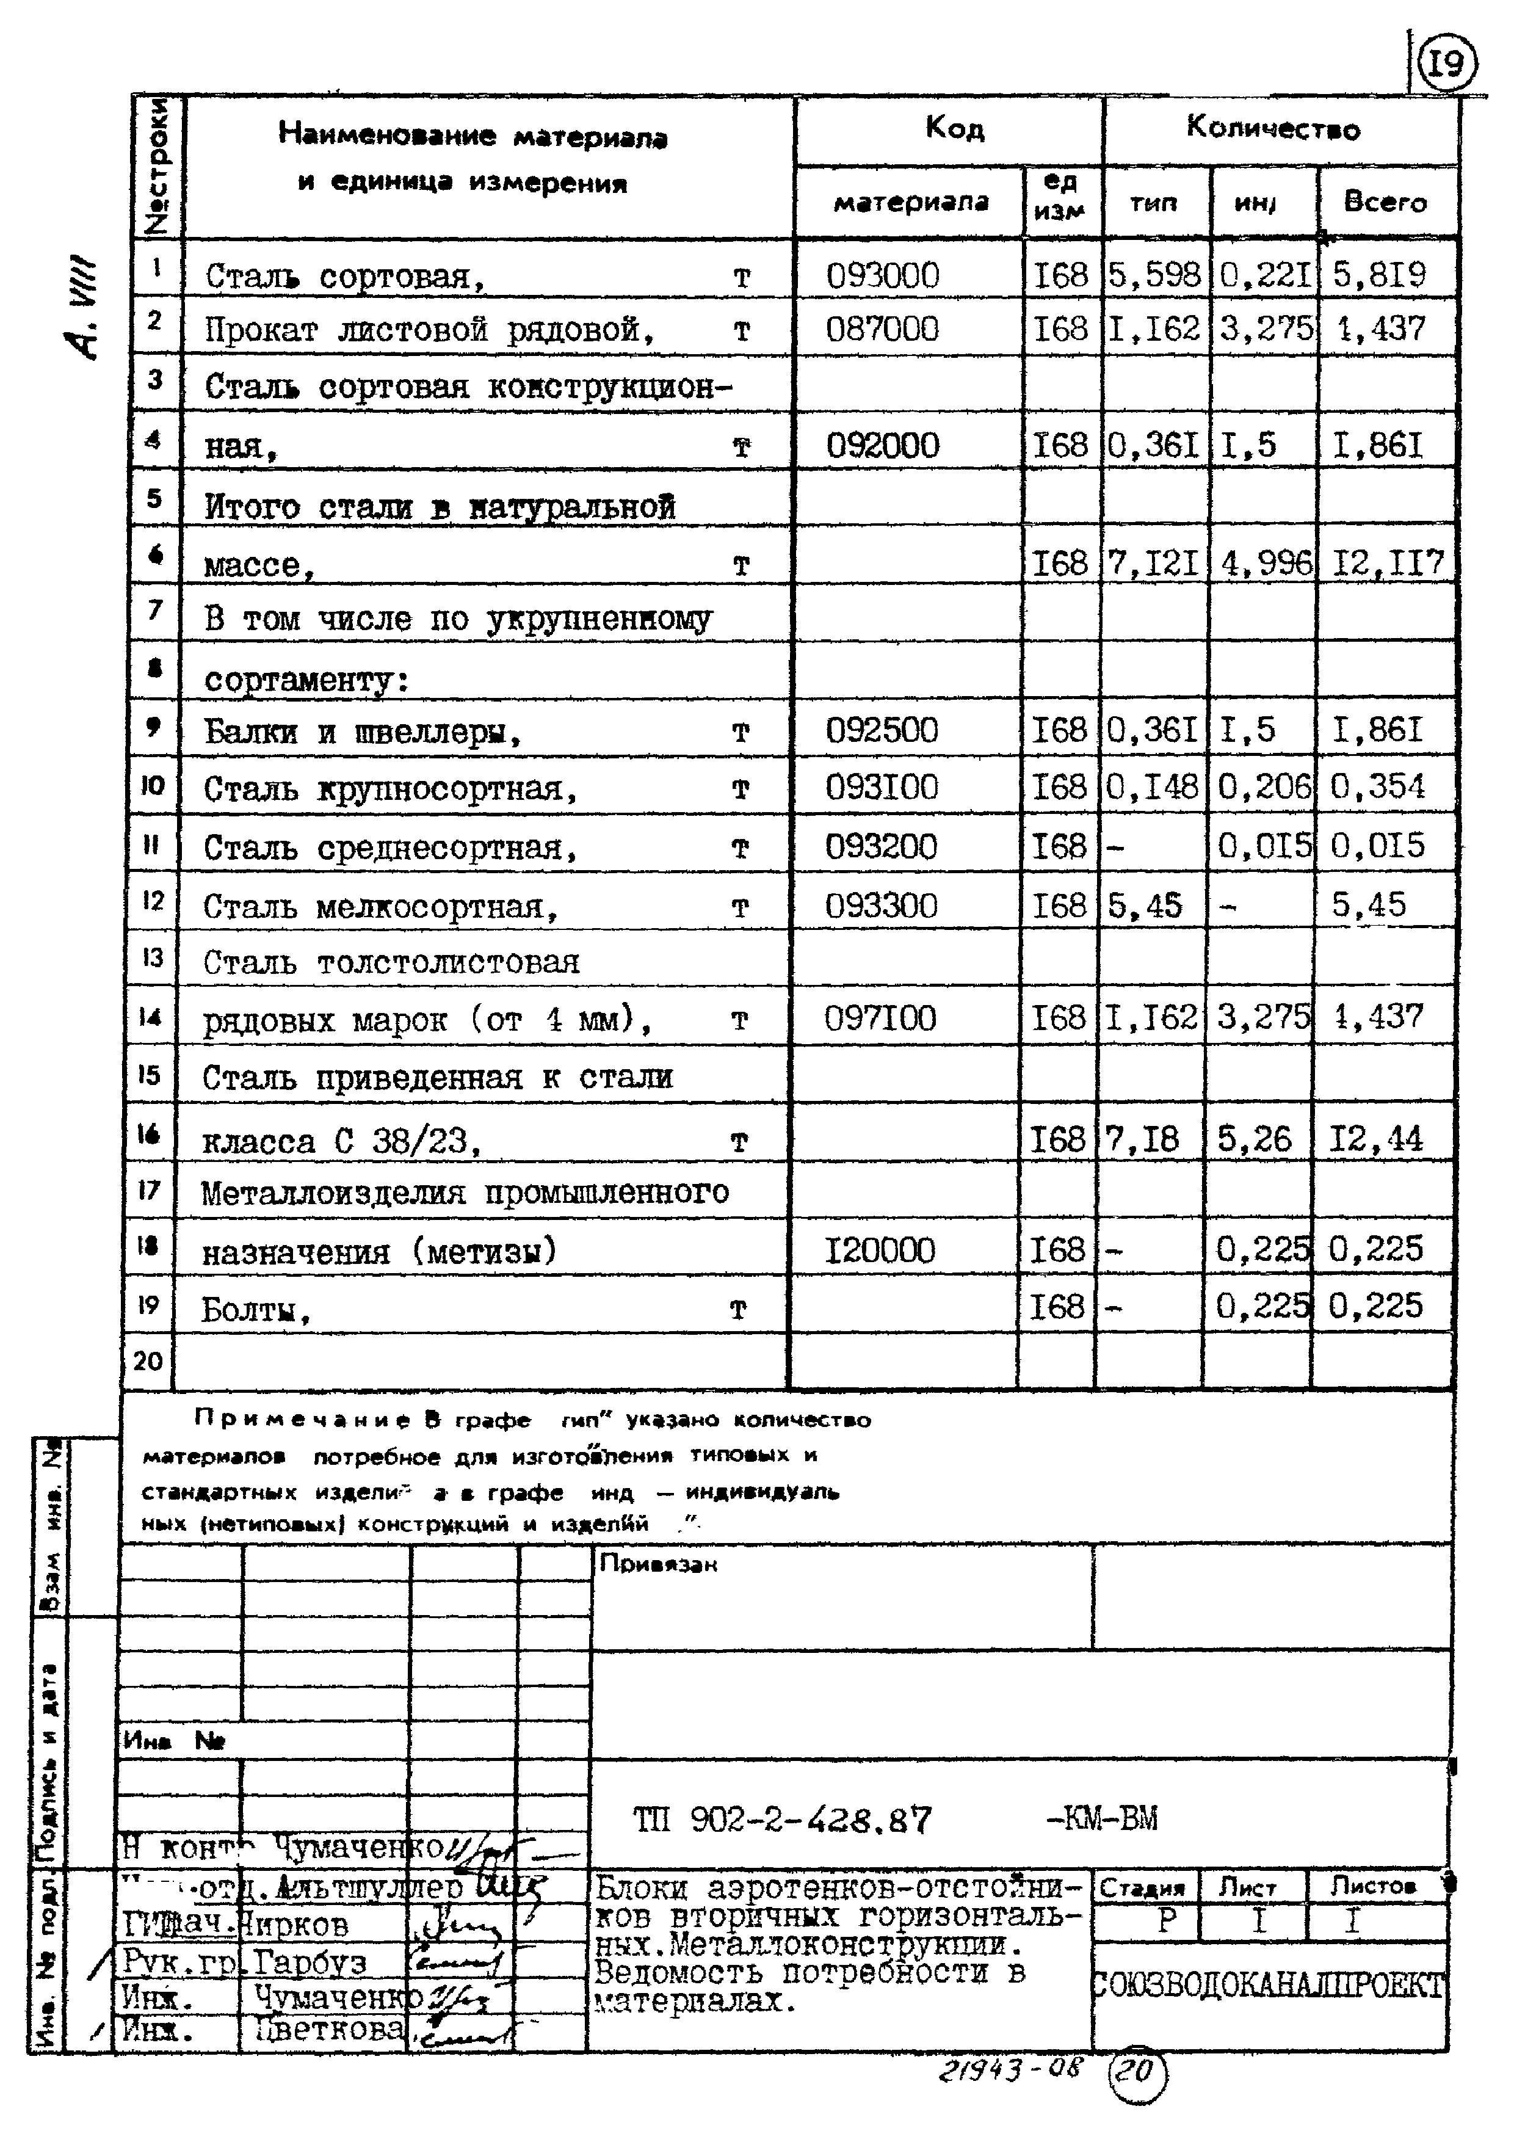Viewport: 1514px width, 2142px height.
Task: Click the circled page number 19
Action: point(1447,64)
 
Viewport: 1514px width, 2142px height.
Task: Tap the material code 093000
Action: point(883,276)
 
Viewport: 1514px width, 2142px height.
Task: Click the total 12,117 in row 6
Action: point(1387,564)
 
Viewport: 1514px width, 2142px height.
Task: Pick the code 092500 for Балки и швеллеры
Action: point(882,730)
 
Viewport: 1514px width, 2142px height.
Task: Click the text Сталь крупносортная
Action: point(390,790)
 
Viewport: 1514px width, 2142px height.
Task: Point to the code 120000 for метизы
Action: point(880,1250)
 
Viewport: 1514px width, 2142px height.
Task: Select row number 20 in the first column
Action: point(148,1361)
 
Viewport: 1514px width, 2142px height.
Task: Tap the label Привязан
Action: point(657,1564)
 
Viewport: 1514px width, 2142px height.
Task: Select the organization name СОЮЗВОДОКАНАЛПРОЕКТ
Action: point(1269,1985)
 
